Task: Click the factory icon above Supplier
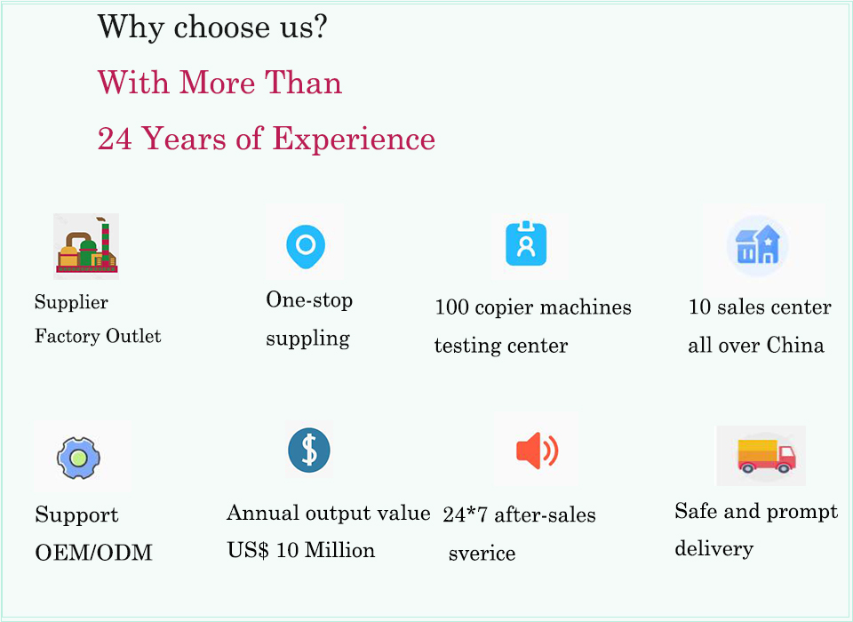pyautogui.click(x=86, y=246)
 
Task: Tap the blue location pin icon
pyautogui.click(x=306, y=246)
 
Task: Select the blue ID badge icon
pyautogui.click(x=526, y=243)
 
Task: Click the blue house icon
pyautogui.click(x=757, y=246)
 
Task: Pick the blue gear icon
pyautogui.click(x=78, y=458)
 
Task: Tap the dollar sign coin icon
pyautogui.click(x=309, y=450)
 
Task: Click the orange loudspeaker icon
pyautogui.click(x=537, y=451)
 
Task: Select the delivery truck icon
pyautogui.click(x=767, y=456)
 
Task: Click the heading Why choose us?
pyautogui.click(x=212, y=28)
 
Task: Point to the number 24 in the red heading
pyautogui.click(x=115, y=139)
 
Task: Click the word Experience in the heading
pyautogui.click(x=354, y=140)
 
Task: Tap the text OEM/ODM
pyautogui.click(x=93, y=553)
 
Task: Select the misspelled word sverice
pyautogui.click(x=482, y=554)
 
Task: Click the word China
pyautogui.click(x=795, y=345)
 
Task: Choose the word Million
pyautogui.click(x=340, y=550)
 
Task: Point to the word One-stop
pyautogui.click(x=309, y=299)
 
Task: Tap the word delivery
pyautogui.click(x=713, y=548)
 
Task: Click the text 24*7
pyautogui.click(x=465, y=514)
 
